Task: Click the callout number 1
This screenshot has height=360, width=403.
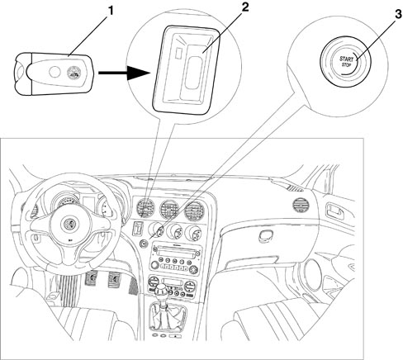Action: pos(110,12)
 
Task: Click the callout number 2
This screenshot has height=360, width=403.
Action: pos(244,7)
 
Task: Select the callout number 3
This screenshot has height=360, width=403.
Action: pos(398,14)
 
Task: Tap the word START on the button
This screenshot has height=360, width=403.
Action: pos(346,59)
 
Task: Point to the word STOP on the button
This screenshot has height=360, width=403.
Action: pos(347,64)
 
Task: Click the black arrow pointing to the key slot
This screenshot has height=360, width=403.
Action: pos(125,73)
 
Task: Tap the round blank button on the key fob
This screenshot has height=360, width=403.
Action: pos(55,72)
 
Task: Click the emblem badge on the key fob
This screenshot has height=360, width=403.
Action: pos(73,72)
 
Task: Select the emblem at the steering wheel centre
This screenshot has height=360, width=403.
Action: pos(68,224)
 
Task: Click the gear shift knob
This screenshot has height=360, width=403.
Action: pos(162,291)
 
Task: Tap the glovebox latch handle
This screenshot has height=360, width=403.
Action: pos(266,236)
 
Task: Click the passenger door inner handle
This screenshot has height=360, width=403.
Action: pos(335,211)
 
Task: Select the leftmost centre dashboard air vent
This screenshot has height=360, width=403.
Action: pos(146,208)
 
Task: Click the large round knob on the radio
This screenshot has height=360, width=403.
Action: pos(154,265)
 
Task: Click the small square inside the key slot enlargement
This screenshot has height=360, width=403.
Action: pos(178,53)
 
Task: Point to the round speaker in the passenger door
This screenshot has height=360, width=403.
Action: pos(313,275)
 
